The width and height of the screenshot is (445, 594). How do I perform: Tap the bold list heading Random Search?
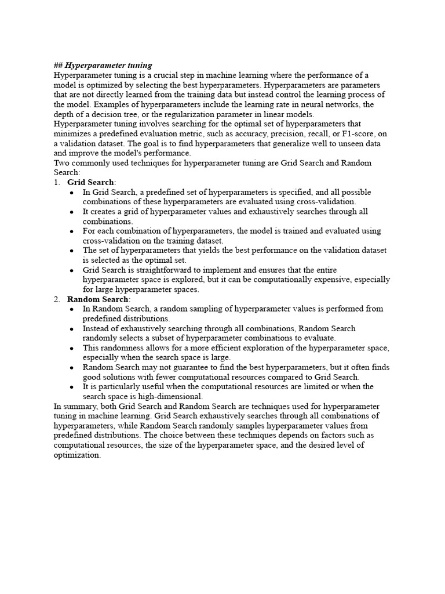(x=99, y=299)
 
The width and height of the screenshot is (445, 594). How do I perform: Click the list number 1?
(x=56, y=182)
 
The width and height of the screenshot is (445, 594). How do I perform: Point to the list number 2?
(x=56, y=299)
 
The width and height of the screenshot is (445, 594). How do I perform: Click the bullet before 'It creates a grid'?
(x=71, y=212)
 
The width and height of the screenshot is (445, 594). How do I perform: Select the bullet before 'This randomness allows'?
(x=71, y=348)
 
